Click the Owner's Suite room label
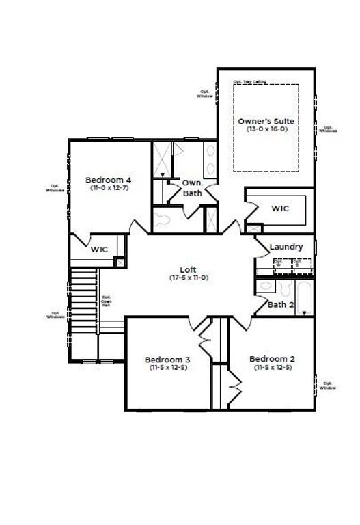click(x=266, y=120)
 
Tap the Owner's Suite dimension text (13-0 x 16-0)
click(x=266, y=129)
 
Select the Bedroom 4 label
click(x=107, y=180)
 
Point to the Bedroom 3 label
click(x=167, y=360)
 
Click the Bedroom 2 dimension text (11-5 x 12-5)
click(x=271, y=368)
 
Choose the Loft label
click(x=189, y=269)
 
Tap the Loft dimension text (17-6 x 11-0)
click(x=189, y=278)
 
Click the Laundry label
click(x=286, y=246)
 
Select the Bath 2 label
click(x=280, y=304)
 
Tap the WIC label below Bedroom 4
click(x=100, y=250)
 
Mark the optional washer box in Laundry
click(x=278, y=264)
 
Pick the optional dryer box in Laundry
click(x=298, y=264)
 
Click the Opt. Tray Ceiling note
click(x=249, y=81)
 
